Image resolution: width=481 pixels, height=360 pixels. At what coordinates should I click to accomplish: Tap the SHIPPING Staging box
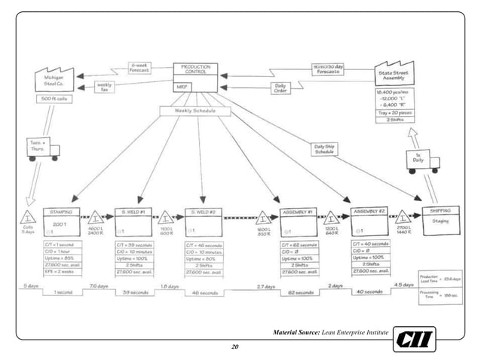440,220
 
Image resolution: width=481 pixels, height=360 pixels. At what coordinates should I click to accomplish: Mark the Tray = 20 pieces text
394,112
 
